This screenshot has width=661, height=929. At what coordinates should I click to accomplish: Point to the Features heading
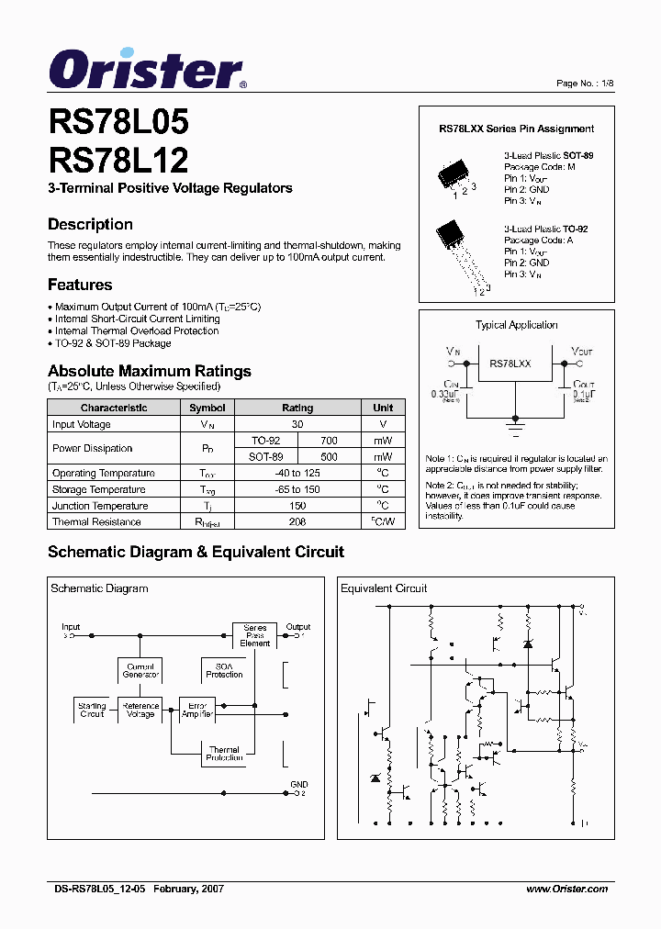[x=80, y=285]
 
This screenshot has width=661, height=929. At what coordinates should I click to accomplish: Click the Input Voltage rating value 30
[x=297, y=424]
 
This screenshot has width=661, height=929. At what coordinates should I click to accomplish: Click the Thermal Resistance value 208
[x=297, y=521]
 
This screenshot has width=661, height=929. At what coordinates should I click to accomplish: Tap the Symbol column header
[x=207, y=408]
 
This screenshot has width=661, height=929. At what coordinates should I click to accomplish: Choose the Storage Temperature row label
[x=98, y=489]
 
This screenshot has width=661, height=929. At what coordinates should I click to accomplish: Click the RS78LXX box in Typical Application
[x=510, y=364]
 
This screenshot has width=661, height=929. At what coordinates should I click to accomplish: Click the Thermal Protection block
[x=224, y=754]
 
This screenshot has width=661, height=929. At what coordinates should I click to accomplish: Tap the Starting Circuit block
[x=92, y=710]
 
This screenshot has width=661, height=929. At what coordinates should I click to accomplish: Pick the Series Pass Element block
[x=254, y=635]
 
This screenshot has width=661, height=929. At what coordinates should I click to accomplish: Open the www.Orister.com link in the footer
[x=566, y=889]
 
